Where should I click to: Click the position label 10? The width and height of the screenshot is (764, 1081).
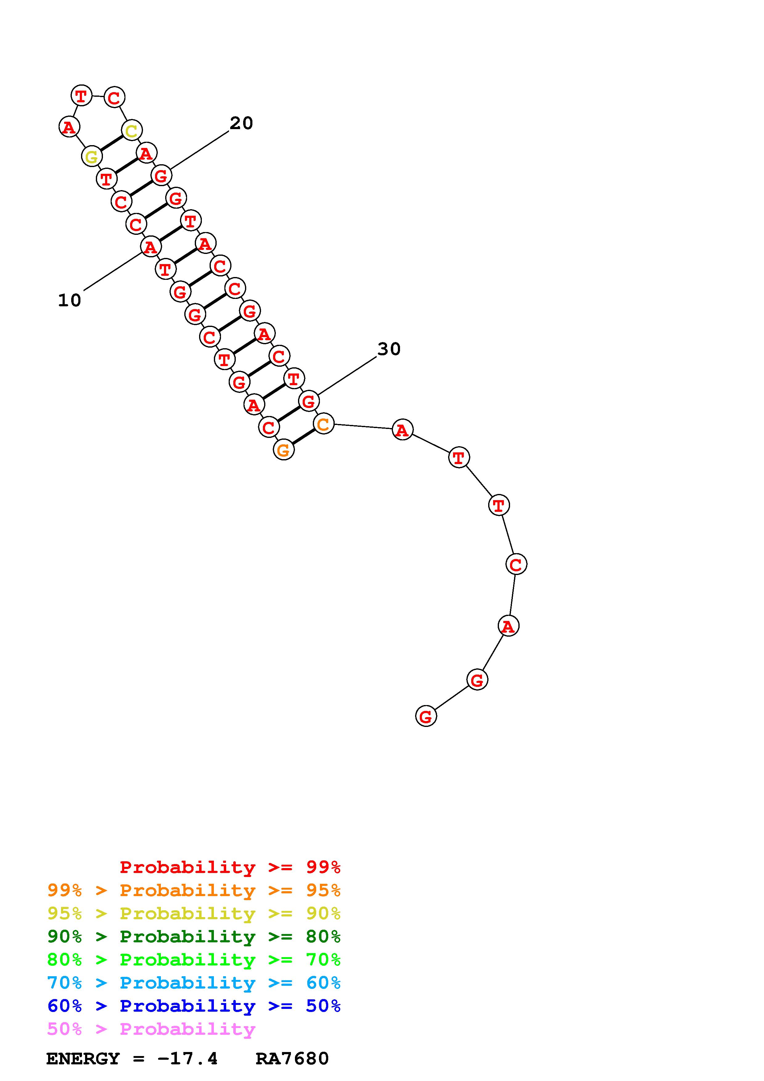pos(69,300)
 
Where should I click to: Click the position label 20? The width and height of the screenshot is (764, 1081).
pos(242,123)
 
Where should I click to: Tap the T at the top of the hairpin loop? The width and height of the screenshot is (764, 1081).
pos(81,96)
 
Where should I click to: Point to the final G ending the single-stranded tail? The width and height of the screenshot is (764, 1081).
pos(426,716)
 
